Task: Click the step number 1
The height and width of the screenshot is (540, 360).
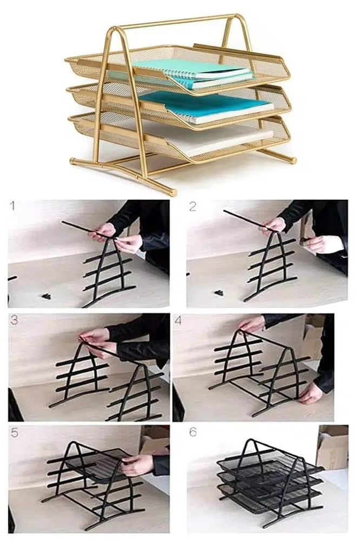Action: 13,206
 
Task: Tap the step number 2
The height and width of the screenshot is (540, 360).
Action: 192,206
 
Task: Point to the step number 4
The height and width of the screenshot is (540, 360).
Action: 178,320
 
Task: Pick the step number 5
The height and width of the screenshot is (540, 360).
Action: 14,432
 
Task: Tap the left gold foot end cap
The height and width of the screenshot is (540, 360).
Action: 72,161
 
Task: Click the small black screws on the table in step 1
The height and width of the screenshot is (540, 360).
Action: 45,296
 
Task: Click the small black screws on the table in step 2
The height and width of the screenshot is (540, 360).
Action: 218,292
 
